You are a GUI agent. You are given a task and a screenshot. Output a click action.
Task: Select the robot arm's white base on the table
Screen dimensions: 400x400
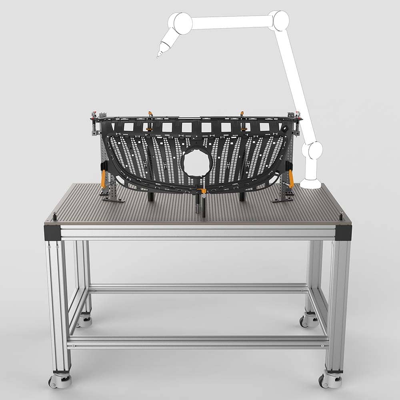pos(311,184)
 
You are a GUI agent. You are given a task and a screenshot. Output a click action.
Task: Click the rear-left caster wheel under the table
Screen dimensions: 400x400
pos(84,320)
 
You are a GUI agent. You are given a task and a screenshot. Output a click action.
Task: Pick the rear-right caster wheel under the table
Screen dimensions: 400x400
pos(309,320)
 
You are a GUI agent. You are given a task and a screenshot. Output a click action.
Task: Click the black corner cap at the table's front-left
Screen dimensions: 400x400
pos(52,232)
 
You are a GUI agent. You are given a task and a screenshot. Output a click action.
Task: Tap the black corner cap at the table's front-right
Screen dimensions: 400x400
pos(344,232)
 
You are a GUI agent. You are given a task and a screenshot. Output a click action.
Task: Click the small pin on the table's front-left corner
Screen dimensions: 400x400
pos(54,216)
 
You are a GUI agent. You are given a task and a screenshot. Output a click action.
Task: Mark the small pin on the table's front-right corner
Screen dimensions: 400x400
pos(341,216)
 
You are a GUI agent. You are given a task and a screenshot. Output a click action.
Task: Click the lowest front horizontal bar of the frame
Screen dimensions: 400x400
pos(198,343)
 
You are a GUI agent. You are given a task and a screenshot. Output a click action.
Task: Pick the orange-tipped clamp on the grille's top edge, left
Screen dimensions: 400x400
pos(150,114)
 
